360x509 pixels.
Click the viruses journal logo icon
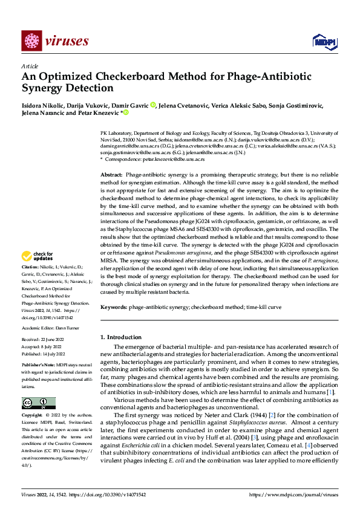pos(31,41)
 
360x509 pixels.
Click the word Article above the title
pos(30,66)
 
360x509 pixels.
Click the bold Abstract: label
pos(112,173)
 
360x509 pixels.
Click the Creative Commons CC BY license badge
pos(38,403)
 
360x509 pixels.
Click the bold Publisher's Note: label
pos(39,366)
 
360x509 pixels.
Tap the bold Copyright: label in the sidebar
pos(33,415)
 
